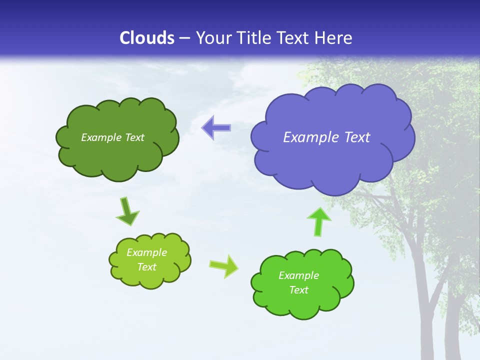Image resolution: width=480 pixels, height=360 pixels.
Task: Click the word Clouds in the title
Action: click(x=147, y=38)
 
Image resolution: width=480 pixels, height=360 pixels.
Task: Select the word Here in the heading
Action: click(x=334, y=38)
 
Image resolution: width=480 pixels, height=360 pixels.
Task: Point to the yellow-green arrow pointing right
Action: click(x=224, y=265)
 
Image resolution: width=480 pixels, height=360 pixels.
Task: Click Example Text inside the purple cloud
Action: click(x=326, y=137)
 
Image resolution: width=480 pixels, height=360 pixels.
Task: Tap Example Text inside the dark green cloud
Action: click(x=112, y=137)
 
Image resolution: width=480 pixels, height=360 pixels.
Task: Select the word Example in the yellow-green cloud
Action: click(x=146, y=252)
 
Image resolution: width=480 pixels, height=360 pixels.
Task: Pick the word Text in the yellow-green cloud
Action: click(x=146, y=267)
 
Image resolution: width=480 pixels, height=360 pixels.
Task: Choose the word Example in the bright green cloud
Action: click(x=298, y=275)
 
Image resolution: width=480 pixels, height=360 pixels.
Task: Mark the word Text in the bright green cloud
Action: click(x=298, y=290)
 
